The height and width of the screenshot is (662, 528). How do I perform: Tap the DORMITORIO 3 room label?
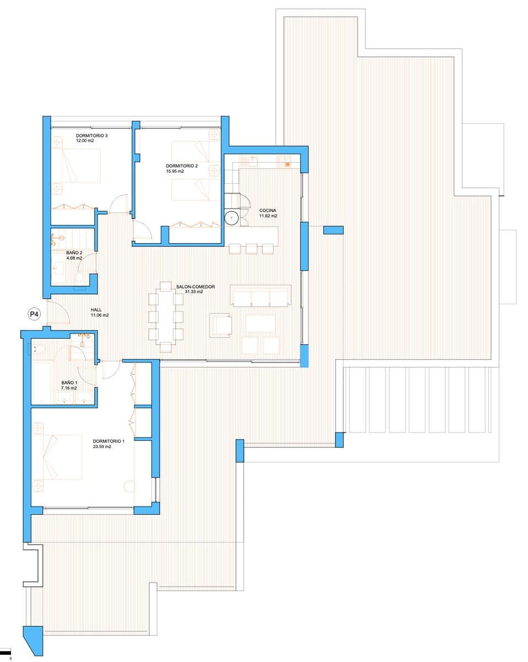coord(92,135)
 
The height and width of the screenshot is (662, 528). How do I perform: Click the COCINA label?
coord(267,210)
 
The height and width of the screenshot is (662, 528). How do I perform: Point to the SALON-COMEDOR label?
coord(195,287)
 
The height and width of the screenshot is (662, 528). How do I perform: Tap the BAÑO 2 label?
coord(74,253)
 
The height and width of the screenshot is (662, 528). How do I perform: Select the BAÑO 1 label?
coord(69,382)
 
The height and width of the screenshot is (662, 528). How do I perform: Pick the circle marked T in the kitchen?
coord(231,218)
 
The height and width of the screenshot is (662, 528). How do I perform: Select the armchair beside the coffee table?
coord(222,324)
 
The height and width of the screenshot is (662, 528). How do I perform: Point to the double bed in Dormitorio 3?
coord(77,165)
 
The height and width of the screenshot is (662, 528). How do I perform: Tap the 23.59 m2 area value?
coord(102,447)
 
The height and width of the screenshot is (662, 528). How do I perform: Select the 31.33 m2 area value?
coord(193,292)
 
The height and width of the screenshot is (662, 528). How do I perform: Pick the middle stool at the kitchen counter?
coord(251,249)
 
